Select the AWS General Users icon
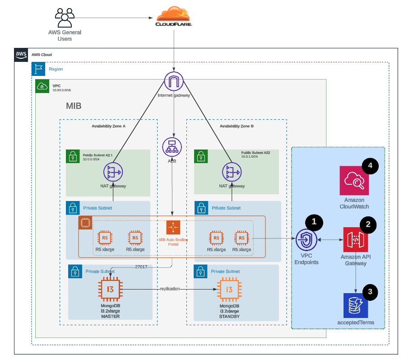(x=65, y=18)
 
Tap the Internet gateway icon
(x=174, y=81)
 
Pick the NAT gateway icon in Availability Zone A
(x=113, y=173)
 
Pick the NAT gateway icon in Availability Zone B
(x=231, y=173)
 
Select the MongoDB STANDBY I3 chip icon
(x=229, y=290)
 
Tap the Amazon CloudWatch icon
(x=354, y=181)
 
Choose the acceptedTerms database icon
(x=356, y=305)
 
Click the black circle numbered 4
(x=370, y=166)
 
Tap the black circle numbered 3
(x=370, y=292)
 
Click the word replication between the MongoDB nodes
(x=169, y=288)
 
